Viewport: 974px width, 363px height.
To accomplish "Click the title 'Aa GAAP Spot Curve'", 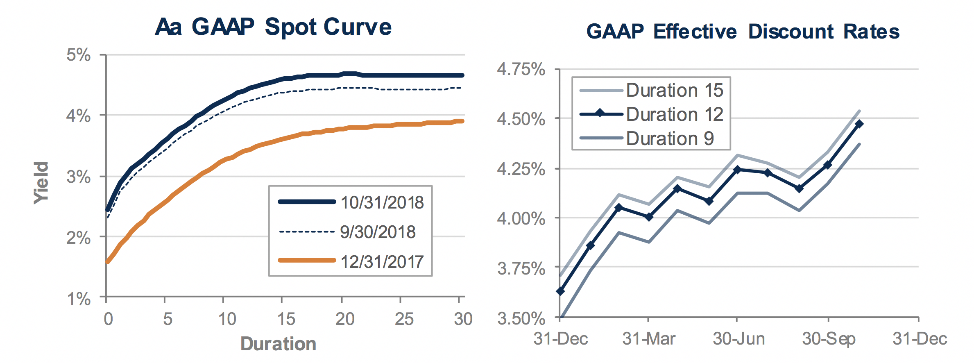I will [273, 27].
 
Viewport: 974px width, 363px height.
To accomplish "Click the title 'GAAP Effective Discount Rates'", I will [743, 32].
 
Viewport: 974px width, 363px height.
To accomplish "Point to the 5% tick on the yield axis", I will [79, 55].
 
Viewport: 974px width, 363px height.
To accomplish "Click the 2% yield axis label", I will [79, 238].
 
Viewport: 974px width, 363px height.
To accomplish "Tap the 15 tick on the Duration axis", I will [286, 319].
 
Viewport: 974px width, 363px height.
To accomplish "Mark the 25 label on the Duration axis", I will [404, 319].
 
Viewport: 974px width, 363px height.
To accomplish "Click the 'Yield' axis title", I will [41, 183].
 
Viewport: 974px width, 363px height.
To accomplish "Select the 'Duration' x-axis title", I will [278, 344].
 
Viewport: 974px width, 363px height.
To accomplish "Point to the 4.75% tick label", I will [521, 69].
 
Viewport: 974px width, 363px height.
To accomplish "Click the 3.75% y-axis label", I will [521, 269].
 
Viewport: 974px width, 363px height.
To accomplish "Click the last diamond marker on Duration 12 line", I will [859, 124].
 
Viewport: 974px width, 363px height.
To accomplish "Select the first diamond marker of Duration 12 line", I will [560, 291].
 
